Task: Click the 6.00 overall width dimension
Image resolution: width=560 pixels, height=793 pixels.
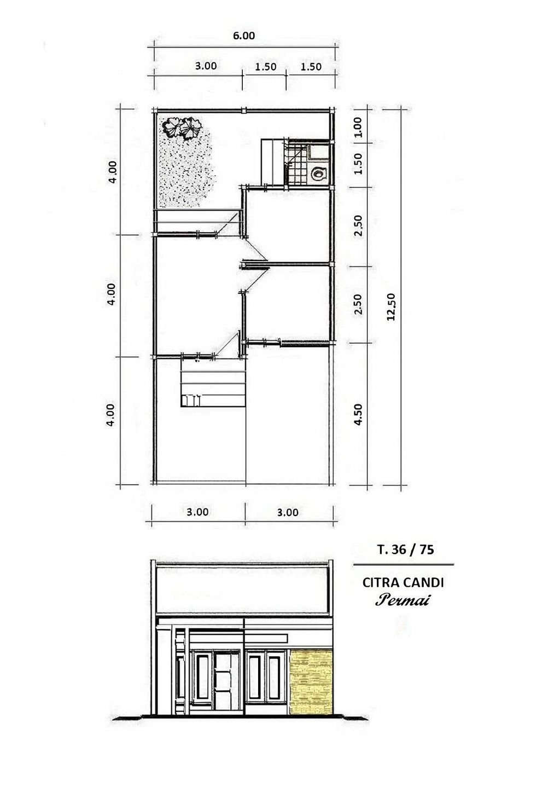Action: [244, 36]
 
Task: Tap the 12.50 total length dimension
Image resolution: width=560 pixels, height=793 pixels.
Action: [391, 307]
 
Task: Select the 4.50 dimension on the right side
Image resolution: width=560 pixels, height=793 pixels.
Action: [358, 414]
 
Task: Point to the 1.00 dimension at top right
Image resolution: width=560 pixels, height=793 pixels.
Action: [358, 127]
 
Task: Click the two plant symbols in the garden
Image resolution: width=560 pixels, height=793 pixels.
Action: [182, 127]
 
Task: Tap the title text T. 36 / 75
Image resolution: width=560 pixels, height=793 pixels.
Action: [405, 550]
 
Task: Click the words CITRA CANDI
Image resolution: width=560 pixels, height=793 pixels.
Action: [403, 583]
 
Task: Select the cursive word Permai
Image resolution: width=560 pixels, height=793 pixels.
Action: [402, 600]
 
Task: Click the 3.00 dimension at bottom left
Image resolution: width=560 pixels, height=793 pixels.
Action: [197, 512]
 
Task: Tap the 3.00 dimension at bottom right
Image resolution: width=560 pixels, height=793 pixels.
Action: [288, 512]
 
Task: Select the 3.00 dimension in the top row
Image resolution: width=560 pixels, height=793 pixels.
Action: [206, 66]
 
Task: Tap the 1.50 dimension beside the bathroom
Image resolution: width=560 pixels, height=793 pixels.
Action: [358, 164]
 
